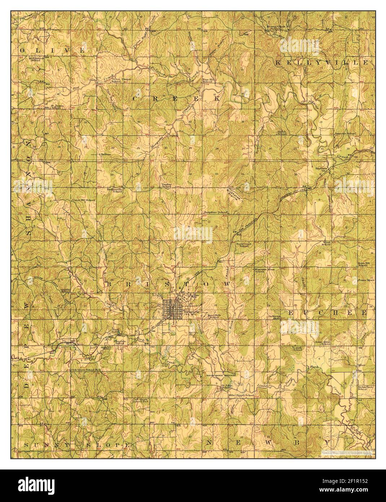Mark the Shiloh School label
[282, 133]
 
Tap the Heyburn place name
[321, 168]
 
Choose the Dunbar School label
[166, 186]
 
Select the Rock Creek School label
[244, 244]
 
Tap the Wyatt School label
[326, 243]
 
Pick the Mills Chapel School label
[241, 396]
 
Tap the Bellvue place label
[105, 154]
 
